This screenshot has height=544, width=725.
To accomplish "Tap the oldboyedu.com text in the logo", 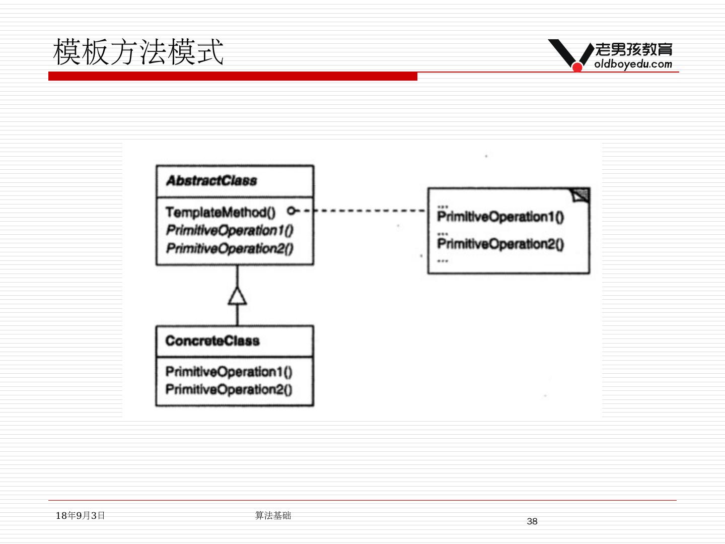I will point(633,64).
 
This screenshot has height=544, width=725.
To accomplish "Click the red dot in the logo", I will point(577,66).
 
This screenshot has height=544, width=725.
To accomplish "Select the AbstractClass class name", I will point(211,181).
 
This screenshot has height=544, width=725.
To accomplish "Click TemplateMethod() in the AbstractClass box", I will point(220,212).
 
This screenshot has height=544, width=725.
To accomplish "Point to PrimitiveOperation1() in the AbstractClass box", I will point(230,230).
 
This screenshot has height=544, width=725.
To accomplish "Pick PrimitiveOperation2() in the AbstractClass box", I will point(230,248).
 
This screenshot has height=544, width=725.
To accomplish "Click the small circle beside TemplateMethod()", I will point(291,211).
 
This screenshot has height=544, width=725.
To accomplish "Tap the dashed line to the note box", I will point(368,211).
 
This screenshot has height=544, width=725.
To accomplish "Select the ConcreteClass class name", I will point(212,341).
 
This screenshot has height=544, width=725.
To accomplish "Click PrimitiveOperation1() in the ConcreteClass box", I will point(229,372).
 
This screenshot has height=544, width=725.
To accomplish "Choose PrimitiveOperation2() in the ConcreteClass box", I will point(229,389).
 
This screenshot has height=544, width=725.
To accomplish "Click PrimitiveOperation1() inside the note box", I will point(500,217).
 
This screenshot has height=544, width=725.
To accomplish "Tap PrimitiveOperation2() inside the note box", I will point(500,244).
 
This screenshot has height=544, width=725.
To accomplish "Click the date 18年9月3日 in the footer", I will point(80,515).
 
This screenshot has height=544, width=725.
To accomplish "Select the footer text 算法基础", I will point(273,515).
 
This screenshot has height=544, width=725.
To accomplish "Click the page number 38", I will point(532,521).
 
